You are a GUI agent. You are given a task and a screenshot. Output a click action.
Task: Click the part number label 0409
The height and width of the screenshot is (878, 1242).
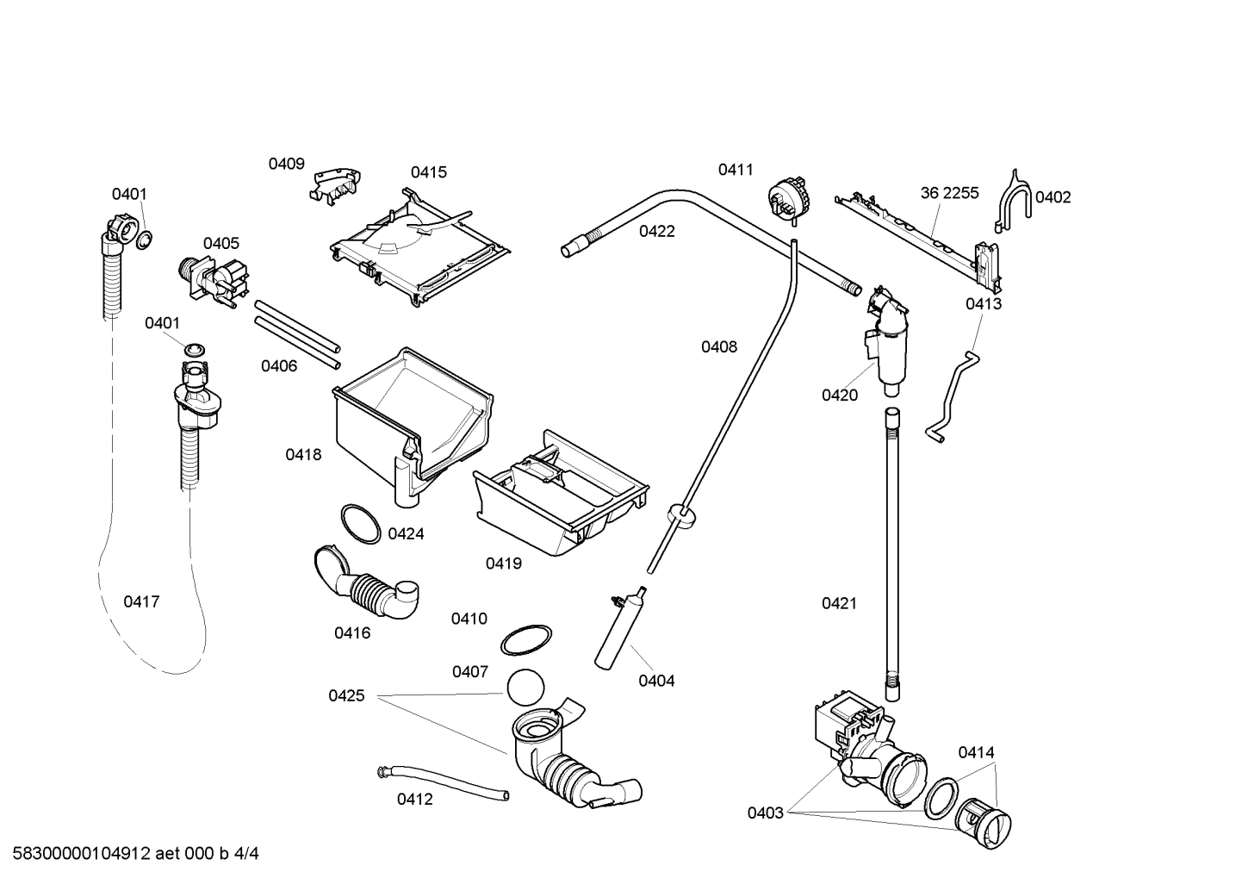286,164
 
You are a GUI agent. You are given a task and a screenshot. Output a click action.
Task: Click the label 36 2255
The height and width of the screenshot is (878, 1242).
949,193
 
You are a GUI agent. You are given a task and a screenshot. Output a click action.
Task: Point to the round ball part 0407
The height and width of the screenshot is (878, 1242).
526,688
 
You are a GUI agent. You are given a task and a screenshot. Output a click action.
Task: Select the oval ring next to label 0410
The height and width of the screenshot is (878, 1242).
526,641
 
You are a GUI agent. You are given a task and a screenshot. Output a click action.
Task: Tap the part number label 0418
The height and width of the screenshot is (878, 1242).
303,454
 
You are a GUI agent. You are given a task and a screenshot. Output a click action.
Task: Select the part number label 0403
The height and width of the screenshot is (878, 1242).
765,813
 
